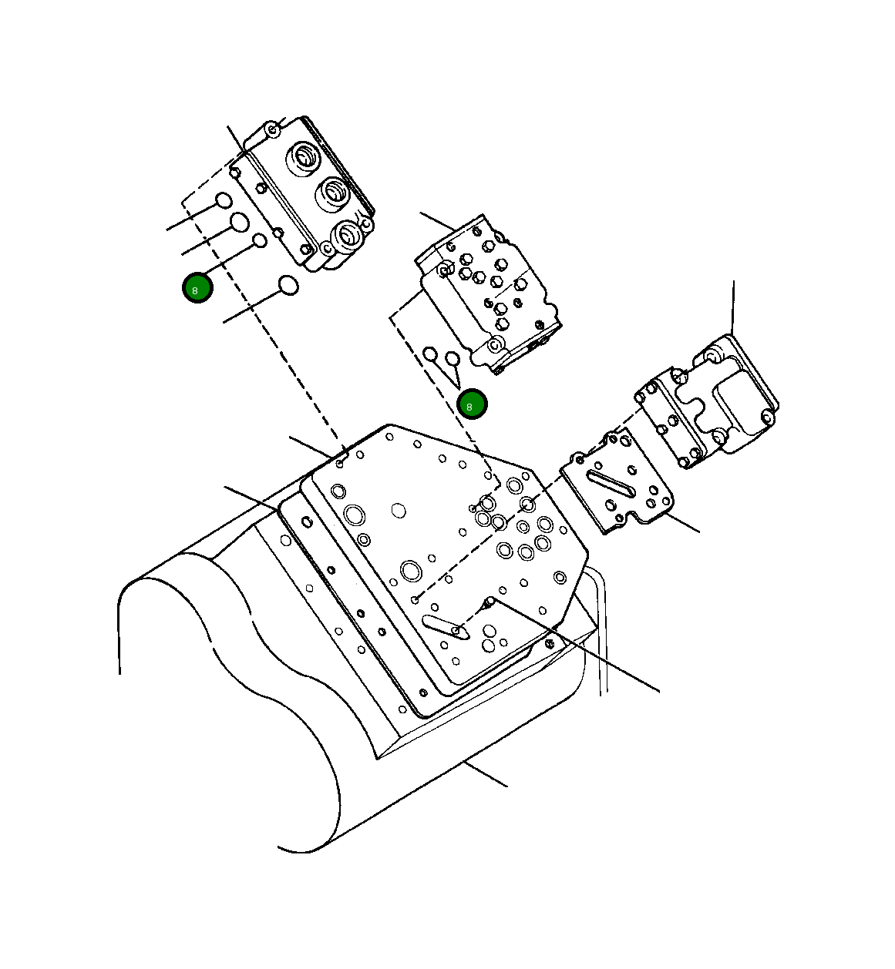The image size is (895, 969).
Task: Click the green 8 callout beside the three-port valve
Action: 197,288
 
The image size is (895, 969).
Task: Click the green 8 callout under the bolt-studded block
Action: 471,404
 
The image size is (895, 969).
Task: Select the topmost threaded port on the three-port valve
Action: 302,157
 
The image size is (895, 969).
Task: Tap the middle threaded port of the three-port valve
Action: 333,193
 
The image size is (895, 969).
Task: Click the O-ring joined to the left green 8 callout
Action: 260,240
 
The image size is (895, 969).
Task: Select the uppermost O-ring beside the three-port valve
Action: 223,201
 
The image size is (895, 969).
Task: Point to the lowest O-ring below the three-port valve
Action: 288,285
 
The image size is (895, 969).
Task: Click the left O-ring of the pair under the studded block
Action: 430,354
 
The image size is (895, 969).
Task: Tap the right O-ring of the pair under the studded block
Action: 453,359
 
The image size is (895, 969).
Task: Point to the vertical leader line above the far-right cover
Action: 733,308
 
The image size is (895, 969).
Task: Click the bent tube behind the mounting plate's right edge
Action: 600,616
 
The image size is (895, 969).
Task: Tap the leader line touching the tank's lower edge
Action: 486,774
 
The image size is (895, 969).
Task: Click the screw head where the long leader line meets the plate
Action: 490,601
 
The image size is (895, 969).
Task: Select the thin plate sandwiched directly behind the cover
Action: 666,420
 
